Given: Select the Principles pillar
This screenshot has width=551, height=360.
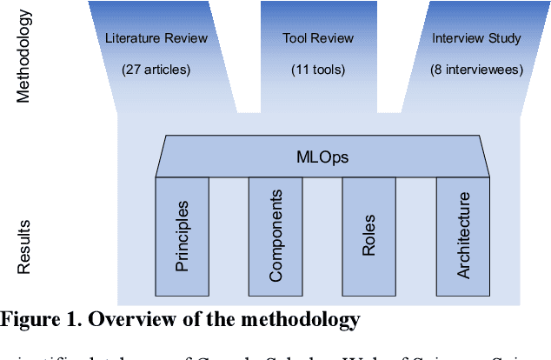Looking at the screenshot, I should pyautogui.click(x=182, y=236).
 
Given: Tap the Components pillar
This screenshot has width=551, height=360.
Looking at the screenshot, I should pyautogui.click(x=275, y=236).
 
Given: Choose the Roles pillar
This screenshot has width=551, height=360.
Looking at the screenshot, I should pyautogui.click(x=368, y=236).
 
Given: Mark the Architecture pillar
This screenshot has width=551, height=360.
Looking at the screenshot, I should pyautogui.click(x=462, y=236).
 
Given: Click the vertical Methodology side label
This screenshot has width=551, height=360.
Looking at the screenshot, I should pyautogui.click(x=24, y=57).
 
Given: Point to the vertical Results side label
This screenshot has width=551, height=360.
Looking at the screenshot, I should pyautogui.click(x=24, y=246).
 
